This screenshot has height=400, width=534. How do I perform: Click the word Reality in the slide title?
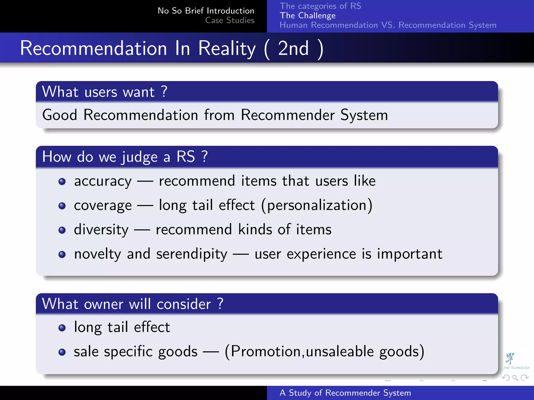coord(227,49)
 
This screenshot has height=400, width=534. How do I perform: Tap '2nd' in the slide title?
coord(293,49)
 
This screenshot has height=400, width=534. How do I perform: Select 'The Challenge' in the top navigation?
coord(308,16)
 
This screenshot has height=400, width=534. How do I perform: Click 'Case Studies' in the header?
coord(230,20)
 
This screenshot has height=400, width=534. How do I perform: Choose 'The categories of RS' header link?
coord(320,6)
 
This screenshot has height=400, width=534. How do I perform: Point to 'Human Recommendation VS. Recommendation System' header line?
coord(388,25)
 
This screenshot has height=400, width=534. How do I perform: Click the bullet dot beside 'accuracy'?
coord(62,182)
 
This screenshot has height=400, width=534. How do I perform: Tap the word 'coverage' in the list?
coord(103,205)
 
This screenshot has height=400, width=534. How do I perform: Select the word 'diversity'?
coord(101,230)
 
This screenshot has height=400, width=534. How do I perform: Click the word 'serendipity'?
coord(192,254)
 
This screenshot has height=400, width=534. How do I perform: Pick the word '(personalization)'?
coord(317,205)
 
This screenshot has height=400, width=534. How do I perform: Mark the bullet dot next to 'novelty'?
coord(62,254)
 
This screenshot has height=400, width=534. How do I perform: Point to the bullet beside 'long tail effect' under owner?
coord(62,328)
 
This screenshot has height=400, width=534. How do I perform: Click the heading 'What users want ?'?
coord(105,92)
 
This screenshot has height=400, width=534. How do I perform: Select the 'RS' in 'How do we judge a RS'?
coord(186,157)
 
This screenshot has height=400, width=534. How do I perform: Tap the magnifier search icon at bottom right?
coord(515,378)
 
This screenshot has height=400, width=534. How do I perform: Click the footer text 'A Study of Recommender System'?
coord(345,393)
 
